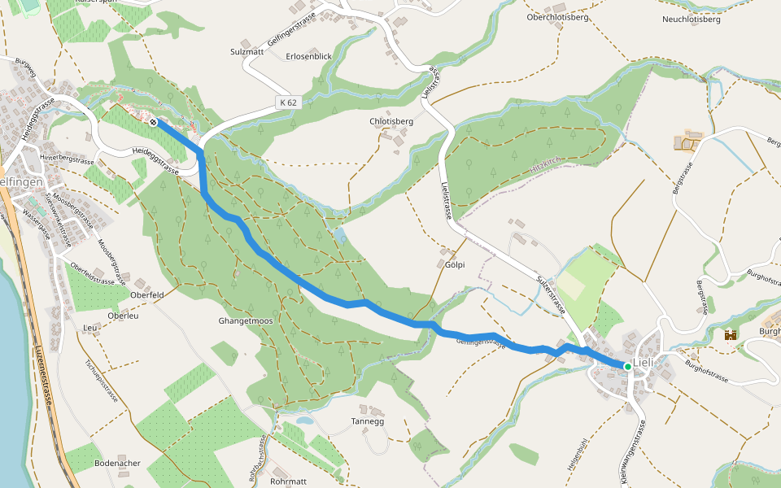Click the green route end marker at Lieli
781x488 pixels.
[x=628, y=367]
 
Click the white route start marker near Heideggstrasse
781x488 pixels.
[x=153, y=122]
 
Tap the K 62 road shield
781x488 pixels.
[x=287, y=102]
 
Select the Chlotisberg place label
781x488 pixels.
[x=392, y=122]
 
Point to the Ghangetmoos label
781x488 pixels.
[x=245, y=321]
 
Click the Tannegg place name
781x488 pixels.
[x=367, y=422]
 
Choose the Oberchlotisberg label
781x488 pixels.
[x=557, y=16]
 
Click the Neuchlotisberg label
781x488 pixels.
[x=692, y=19]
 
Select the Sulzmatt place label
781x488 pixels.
[x=247, y=51]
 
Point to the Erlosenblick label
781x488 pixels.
[x=309, y=56]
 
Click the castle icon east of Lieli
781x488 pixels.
[x=730, y=334]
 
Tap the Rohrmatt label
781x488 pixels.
[x=289, y=481]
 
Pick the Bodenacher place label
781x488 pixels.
[x=117, y=464]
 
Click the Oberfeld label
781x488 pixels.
[x=147, y=294]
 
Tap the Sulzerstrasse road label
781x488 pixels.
[x=551, y=295]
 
